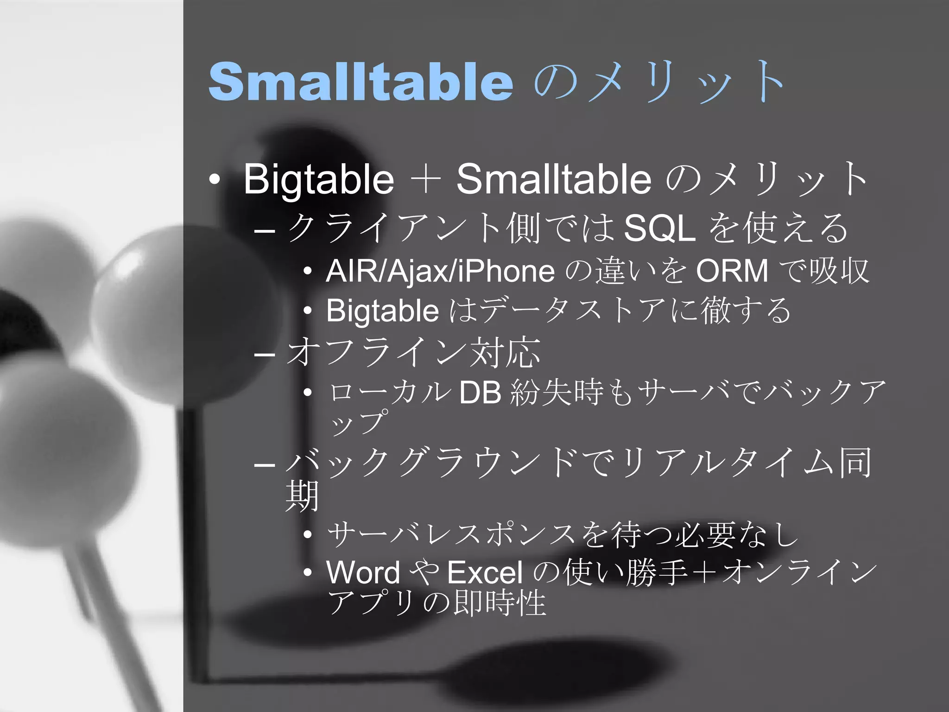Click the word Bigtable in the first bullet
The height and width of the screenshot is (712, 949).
[318, 179]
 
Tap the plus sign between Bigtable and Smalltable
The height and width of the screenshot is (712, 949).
[425, 180]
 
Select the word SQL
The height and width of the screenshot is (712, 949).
[659, 229]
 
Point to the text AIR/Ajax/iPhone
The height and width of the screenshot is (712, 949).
[440, 271]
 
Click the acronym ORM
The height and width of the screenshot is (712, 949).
[732, 271]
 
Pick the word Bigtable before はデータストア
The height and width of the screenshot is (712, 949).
[382, 310]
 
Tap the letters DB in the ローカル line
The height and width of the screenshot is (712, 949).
[480, 393]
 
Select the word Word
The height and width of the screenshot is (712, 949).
[363, 572]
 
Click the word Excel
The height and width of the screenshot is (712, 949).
[485, 572]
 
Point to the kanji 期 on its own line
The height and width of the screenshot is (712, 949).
[302, 496]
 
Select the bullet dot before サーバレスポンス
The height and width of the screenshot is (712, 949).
[308, 534]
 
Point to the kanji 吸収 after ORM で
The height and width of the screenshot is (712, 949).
[839, 271]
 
